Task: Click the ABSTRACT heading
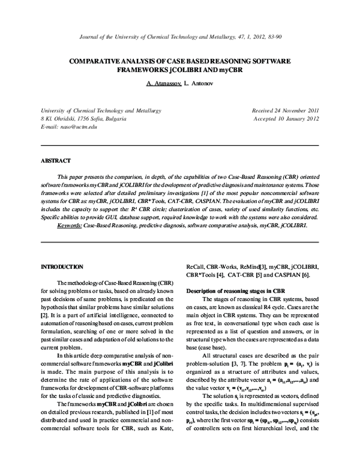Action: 55,161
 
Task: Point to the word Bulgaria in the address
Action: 113,120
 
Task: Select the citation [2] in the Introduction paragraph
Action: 44,314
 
